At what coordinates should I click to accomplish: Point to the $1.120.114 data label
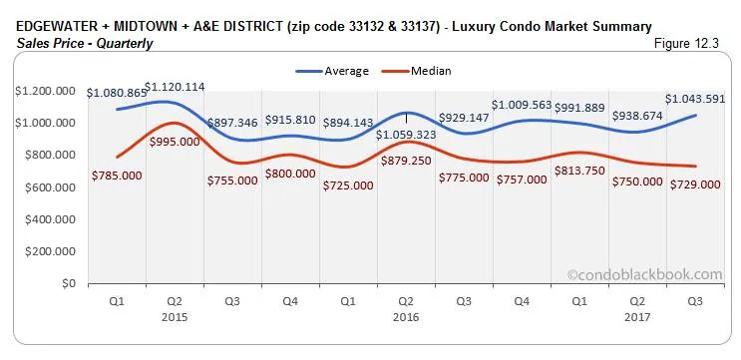(x=175, y=87)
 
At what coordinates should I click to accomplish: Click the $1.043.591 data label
(x=694, y=99)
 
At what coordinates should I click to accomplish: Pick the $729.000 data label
(x=694, y=183)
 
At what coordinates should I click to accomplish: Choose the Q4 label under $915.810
(x=288, y=300)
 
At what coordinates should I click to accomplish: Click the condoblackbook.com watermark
(x=644, y=273)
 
